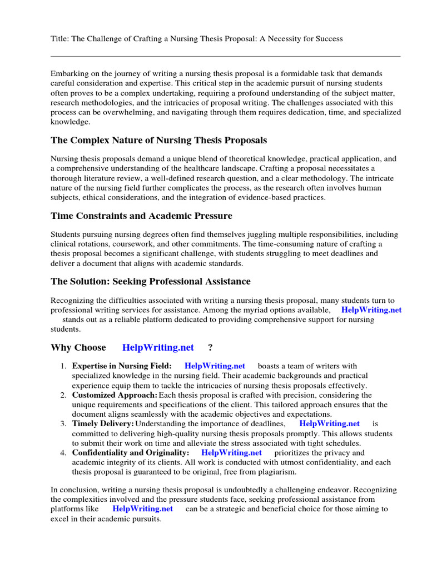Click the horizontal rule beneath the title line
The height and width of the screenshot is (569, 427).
225,56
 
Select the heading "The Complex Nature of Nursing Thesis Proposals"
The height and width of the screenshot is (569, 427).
158,140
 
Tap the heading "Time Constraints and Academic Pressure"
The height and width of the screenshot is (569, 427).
141,216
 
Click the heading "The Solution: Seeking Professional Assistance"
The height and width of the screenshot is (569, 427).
150,282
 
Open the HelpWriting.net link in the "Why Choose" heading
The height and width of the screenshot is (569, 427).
158,348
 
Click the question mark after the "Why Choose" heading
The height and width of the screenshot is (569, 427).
210,348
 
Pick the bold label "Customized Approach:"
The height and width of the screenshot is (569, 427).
115,395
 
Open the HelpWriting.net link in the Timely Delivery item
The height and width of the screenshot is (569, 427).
329,424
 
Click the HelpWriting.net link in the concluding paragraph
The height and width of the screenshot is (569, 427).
142,509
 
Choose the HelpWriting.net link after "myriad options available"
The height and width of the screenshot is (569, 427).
371,310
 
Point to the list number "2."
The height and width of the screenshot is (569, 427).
63,395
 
